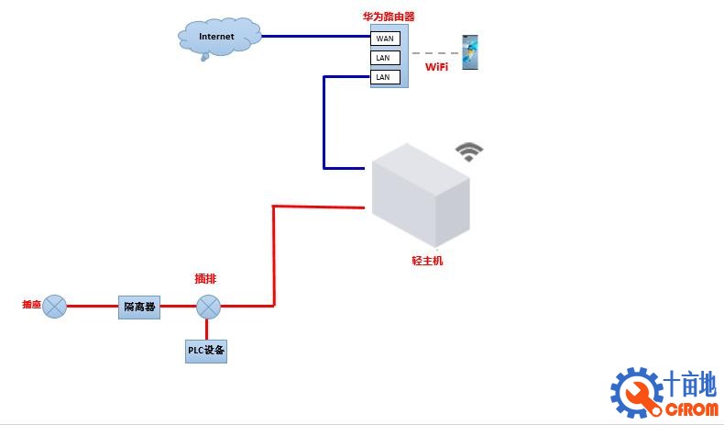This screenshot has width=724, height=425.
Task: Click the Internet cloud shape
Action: coord(216,37)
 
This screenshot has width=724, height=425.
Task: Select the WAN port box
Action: coord(384,39)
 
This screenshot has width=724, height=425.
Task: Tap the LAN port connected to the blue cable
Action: coord(383,77)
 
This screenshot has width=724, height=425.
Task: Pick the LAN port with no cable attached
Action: coord(383,58)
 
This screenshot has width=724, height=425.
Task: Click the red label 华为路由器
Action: coord(389,17)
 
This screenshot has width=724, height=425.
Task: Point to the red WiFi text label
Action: coord(436,67)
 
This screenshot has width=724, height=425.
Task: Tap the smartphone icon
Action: coord(470,52)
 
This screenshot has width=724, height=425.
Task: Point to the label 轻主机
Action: coord(427,261)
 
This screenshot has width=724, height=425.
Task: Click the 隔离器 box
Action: coord(139,307)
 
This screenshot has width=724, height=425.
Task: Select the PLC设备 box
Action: coord(206,351)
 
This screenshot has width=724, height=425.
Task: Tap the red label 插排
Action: coord(206,278)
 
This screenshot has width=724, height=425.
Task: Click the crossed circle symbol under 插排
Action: coord(209,307)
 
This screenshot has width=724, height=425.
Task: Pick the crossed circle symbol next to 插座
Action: coord(55,307)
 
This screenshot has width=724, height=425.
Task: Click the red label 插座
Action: coord(31,304)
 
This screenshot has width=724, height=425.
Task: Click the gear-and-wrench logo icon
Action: coord(636,392)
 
